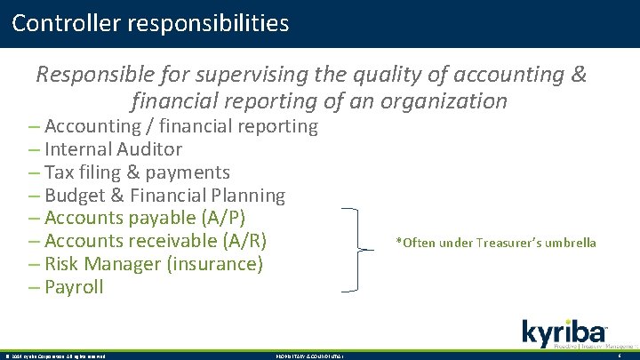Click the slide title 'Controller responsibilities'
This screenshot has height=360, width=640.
pos(151,22)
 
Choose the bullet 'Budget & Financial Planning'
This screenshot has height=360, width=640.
pos(164,196)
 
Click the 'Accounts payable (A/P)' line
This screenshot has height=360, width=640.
pos(144,218)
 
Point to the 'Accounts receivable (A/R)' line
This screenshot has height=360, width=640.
pos(155,241)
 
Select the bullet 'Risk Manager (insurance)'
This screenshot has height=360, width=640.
pos(153,264)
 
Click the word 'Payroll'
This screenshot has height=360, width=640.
pos(74,287)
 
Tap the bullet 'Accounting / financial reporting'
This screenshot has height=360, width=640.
pos(180,126)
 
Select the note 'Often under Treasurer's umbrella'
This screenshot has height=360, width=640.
pos(496,243)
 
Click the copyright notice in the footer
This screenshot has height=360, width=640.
pos(55,356)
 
